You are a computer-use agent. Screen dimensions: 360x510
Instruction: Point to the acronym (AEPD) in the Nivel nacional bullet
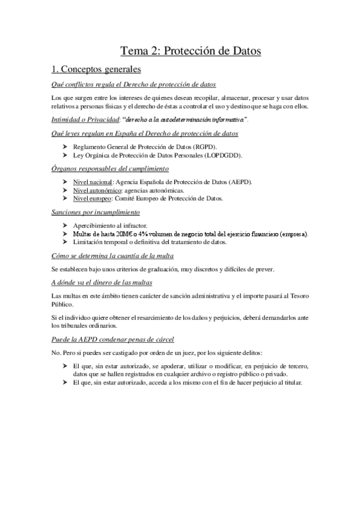coord(240,182)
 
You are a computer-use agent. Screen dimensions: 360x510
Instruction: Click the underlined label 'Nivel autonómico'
coord(95,190)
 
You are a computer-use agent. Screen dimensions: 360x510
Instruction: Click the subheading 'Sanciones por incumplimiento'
coord(96,212)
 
